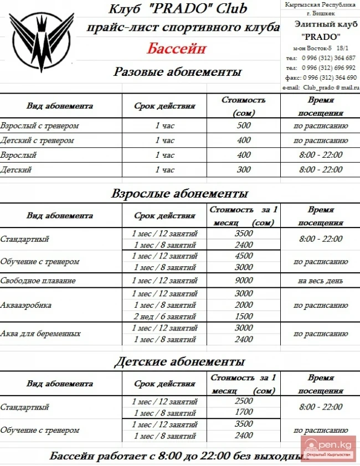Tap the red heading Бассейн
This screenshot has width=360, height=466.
(177, 48)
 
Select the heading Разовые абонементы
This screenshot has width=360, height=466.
(177, 72)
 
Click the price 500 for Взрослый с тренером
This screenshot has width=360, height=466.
(244, 126)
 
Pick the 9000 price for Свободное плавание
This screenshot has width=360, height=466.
(244, 281)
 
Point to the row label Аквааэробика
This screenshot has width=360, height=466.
(27, 305)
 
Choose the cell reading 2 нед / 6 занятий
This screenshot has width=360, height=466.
(164, 316)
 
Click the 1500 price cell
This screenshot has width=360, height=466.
(244, 316)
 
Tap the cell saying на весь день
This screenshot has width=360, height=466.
(321, 281)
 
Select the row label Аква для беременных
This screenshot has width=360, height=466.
(40, 334)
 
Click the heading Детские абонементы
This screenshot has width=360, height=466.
(179, 363)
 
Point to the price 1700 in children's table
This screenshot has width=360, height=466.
(244, 413)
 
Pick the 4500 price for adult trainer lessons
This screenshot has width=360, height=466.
(244, 256)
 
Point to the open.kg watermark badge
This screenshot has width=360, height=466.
(329, 446)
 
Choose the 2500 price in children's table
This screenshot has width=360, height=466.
(244, 401)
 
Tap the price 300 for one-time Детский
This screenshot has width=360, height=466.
(244, 170)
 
